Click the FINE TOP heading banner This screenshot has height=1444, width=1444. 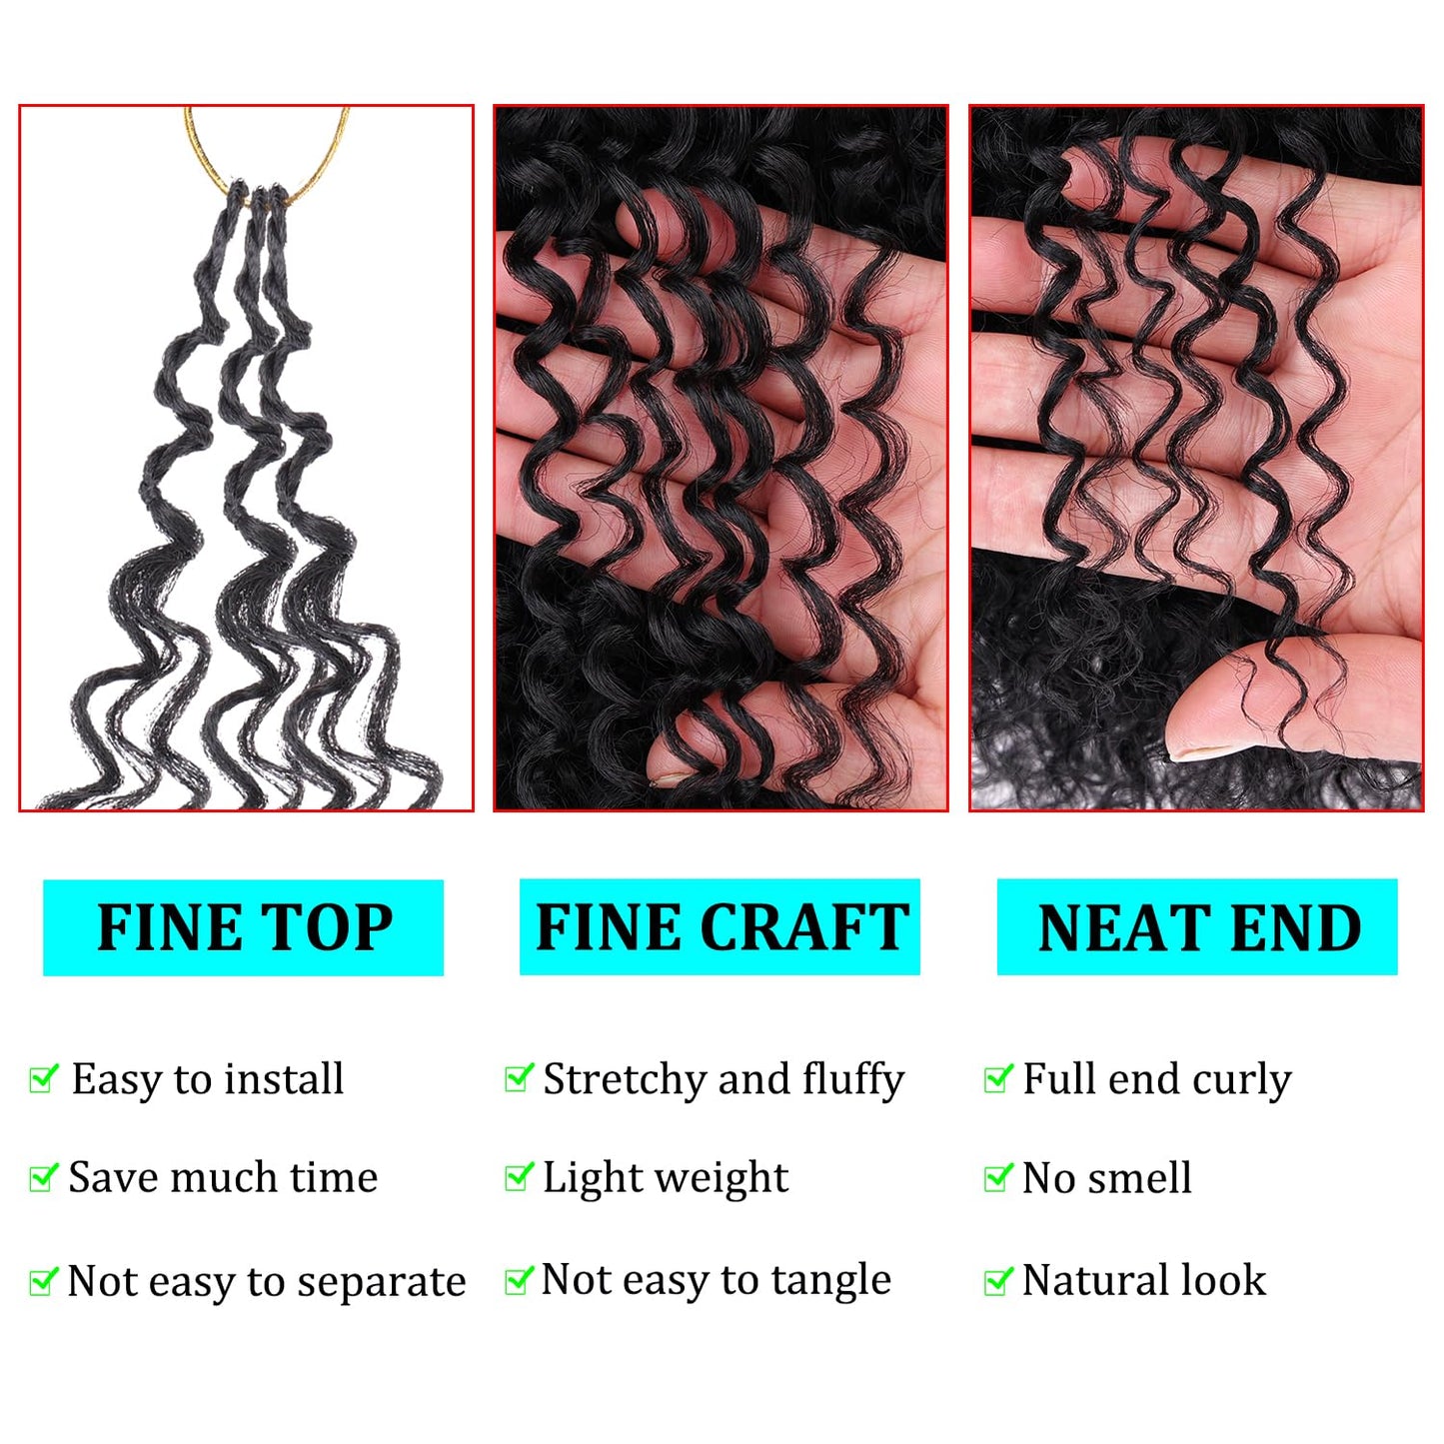[x=243, y=927]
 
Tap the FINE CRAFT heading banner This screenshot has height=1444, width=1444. [x=720, y=927]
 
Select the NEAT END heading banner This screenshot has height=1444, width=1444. [x=1197, y=927]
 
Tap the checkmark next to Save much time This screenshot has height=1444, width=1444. [x=44, y=1177]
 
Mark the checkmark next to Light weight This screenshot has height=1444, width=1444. [x=520, y=1177]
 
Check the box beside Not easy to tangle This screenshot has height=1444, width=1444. [x=520, y=1279]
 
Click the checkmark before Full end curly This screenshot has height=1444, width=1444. [x=998, y=1078]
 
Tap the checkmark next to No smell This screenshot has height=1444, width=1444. [x=998, y=1178]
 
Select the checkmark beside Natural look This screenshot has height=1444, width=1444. [x=998, y=1280]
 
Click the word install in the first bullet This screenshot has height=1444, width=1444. [x=284, y=1079]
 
